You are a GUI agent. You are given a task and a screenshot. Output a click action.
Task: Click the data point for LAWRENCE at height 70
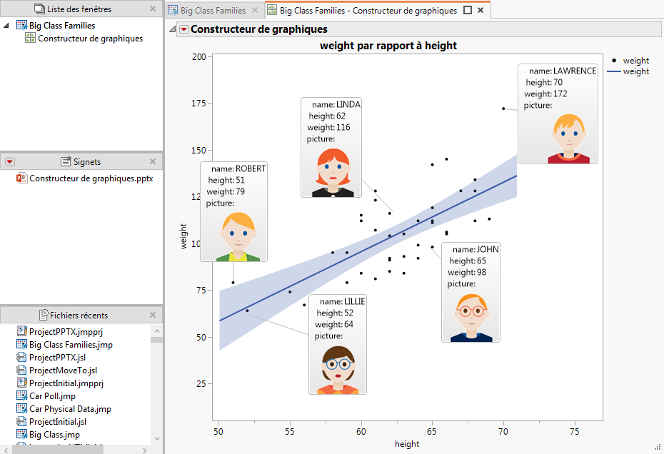(503, 109)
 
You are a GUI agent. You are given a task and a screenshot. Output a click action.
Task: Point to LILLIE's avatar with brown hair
(338, 369)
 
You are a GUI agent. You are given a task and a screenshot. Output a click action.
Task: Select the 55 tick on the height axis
(290, 431)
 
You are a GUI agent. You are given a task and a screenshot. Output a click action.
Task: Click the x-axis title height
(407, 444)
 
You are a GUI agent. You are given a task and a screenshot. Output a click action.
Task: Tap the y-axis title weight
(183, 236)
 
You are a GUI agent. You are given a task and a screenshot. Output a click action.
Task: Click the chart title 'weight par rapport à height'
(388, 46)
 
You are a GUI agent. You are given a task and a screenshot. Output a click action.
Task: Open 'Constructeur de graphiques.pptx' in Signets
(91, 178)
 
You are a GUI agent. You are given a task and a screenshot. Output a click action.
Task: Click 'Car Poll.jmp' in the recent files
(52, 396)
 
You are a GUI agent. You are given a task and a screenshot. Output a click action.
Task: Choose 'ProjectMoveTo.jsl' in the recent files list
(63, 370)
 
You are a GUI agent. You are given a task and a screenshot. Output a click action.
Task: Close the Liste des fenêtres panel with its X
(153, 9)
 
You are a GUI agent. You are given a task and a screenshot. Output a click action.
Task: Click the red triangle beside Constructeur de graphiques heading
(183, 29)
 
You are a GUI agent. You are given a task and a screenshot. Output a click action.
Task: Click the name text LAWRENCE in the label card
(575, 71)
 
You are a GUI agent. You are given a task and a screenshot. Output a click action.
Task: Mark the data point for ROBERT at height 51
(233, 283)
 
